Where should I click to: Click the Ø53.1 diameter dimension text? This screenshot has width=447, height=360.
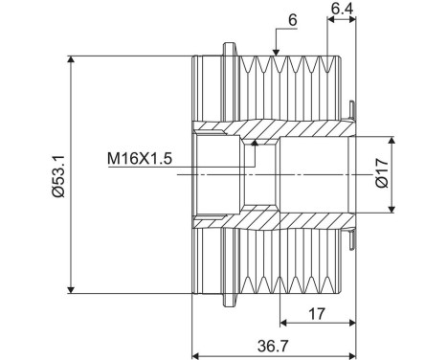58,176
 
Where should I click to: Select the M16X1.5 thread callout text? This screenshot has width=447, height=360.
140,159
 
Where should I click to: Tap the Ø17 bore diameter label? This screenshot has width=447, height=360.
382,173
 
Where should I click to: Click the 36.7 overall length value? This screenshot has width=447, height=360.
273,346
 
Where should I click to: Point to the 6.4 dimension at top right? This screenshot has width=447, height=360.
342,9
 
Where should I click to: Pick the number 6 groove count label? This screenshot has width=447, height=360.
292,20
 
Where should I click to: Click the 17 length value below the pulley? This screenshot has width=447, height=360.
317,314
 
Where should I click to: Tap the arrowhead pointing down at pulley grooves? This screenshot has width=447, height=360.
277,52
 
